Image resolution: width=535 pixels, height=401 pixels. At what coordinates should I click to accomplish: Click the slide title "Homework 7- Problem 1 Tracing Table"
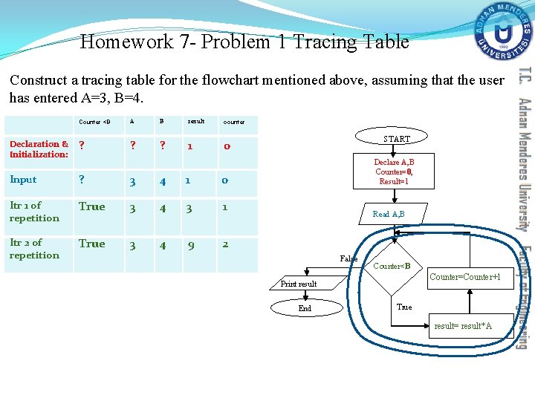244,42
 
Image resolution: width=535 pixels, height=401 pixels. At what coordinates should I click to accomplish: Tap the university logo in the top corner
505,31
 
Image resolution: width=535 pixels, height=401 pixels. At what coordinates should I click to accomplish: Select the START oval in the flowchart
396,139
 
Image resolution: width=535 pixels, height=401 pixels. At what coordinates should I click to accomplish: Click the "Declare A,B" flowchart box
394,172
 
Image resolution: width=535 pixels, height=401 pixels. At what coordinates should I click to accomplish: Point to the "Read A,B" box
389,214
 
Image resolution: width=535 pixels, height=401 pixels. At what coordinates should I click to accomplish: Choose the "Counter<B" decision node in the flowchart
392,266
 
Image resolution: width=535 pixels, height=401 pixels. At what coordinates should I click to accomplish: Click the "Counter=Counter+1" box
471,277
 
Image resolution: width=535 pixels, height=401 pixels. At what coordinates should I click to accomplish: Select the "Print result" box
299,284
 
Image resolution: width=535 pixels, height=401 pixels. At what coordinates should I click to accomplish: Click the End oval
305,308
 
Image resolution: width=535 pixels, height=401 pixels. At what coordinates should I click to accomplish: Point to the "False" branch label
348,258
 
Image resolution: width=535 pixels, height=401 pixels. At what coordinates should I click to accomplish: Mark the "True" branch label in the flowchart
404,307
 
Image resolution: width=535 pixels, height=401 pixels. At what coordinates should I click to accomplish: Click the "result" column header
196,121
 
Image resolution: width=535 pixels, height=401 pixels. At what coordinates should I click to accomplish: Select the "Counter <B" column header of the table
94,122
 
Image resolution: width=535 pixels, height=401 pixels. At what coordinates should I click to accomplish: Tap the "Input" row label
23,180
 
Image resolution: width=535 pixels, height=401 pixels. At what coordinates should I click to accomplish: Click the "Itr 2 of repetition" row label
34,249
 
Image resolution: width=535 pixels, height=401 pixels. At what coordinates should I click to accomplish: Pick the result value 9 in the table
191,245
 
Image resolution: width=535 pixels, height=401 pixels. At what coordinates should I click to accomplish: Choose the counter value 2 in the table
226,244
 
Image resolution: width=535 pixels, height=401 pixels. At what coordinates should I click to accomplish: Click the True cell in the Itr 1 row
92,206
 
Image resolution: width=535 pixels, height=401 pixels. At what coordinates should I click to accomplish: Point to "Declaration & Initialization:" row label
39,149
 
